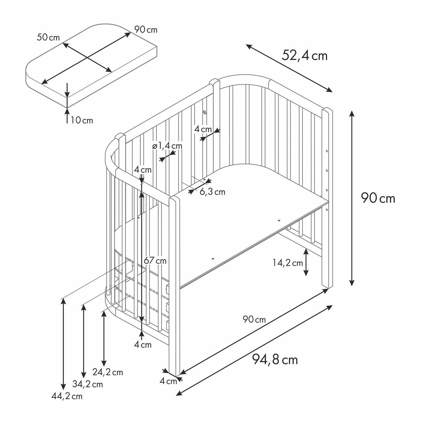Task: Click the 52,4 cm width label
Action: (x=304, y=55)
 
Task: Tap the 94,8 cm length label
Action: (x=275, y=360)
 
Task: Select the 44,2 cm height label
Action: (x=67, y=396)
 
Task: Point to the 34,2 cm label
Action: (x=88, y=384)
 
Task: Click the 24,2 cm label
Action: (x=108, y=372)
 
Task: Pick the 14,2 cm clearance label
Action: (x=288, y=263)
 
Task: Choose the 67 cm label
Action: (x=155, y=260)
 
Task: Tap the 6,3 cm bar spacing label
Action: (x=213, y=192)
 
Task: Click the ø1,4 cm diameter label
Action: (x=167, y=146)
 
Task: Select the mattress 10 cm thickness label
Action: (x=82, y=120)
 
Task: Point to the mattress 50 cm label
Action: (x=48, y=38)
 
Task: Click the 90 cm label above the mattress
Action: (x=146, y=29)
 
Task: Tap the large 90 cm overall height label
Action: (x=378, y=198)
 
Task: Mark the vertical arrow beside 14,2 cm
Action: (x=306, y=262)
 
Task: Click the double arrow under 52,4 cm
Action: (x=289, y=68)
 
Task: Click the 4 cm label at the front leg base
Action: (x=168, y=381)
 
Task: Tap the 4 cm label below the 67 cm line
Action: (x=143, y=345)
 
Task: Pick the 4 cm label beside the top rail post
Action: (x=203, y=129)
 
